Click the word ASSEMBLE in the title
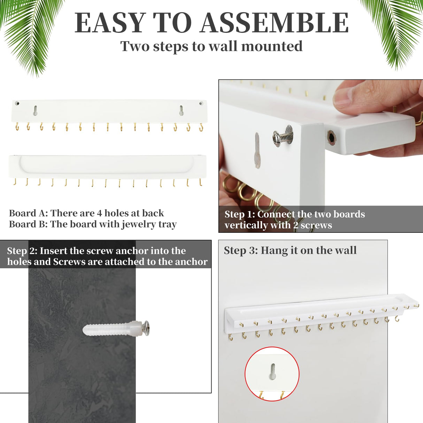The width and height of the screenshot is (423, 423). point(275,23)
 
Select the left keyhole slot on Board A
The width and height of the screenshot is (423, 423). point(35,110)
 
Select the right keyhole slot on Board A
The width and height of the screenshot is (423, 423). point(181,110)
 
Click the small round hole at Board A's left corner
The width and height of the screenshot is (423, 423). point(17,103)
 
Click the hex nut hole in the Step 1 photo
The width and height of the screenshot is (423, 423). point(332,137)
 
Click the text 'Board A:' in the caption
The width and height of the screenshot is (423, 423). point(29,213)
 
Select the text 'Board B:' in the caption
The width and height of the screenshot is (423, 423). point(29,224)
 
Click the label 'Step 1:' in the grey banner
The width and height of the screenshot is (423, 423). point(240,214)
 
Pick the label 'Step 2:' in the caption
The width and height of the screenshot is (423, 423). point(22,251)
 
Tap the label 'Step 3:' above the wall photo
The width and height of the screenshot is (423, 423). point(241,250)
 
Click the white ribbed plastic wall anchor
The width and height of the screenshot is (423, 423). point(108,329)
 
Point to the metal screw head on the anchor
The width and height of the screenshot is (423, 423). point(146,328)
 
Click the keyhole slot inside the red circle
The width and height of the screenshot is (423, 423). point(272,371)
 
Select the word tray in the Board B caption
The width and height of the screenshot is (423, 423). point(167,224)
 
